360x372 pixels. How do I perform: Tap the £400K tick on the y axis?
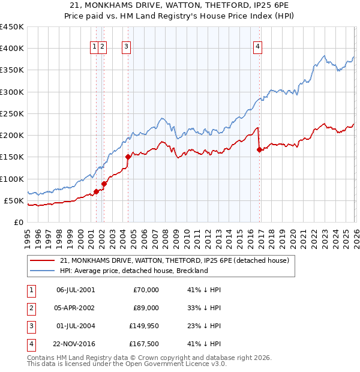click(12, 49)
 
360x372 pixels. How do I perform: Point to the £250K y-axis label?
click(12, 113)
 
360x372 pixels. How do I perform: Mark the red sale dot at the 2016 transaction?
click(259, 150)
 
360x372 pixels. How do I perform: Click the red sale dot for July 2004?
click(128, 157)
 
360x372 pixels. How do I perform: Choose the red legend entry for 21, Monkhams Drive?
click(175, 260)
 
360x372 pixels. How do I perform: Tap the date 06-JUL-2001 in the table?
click(75, 290)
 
